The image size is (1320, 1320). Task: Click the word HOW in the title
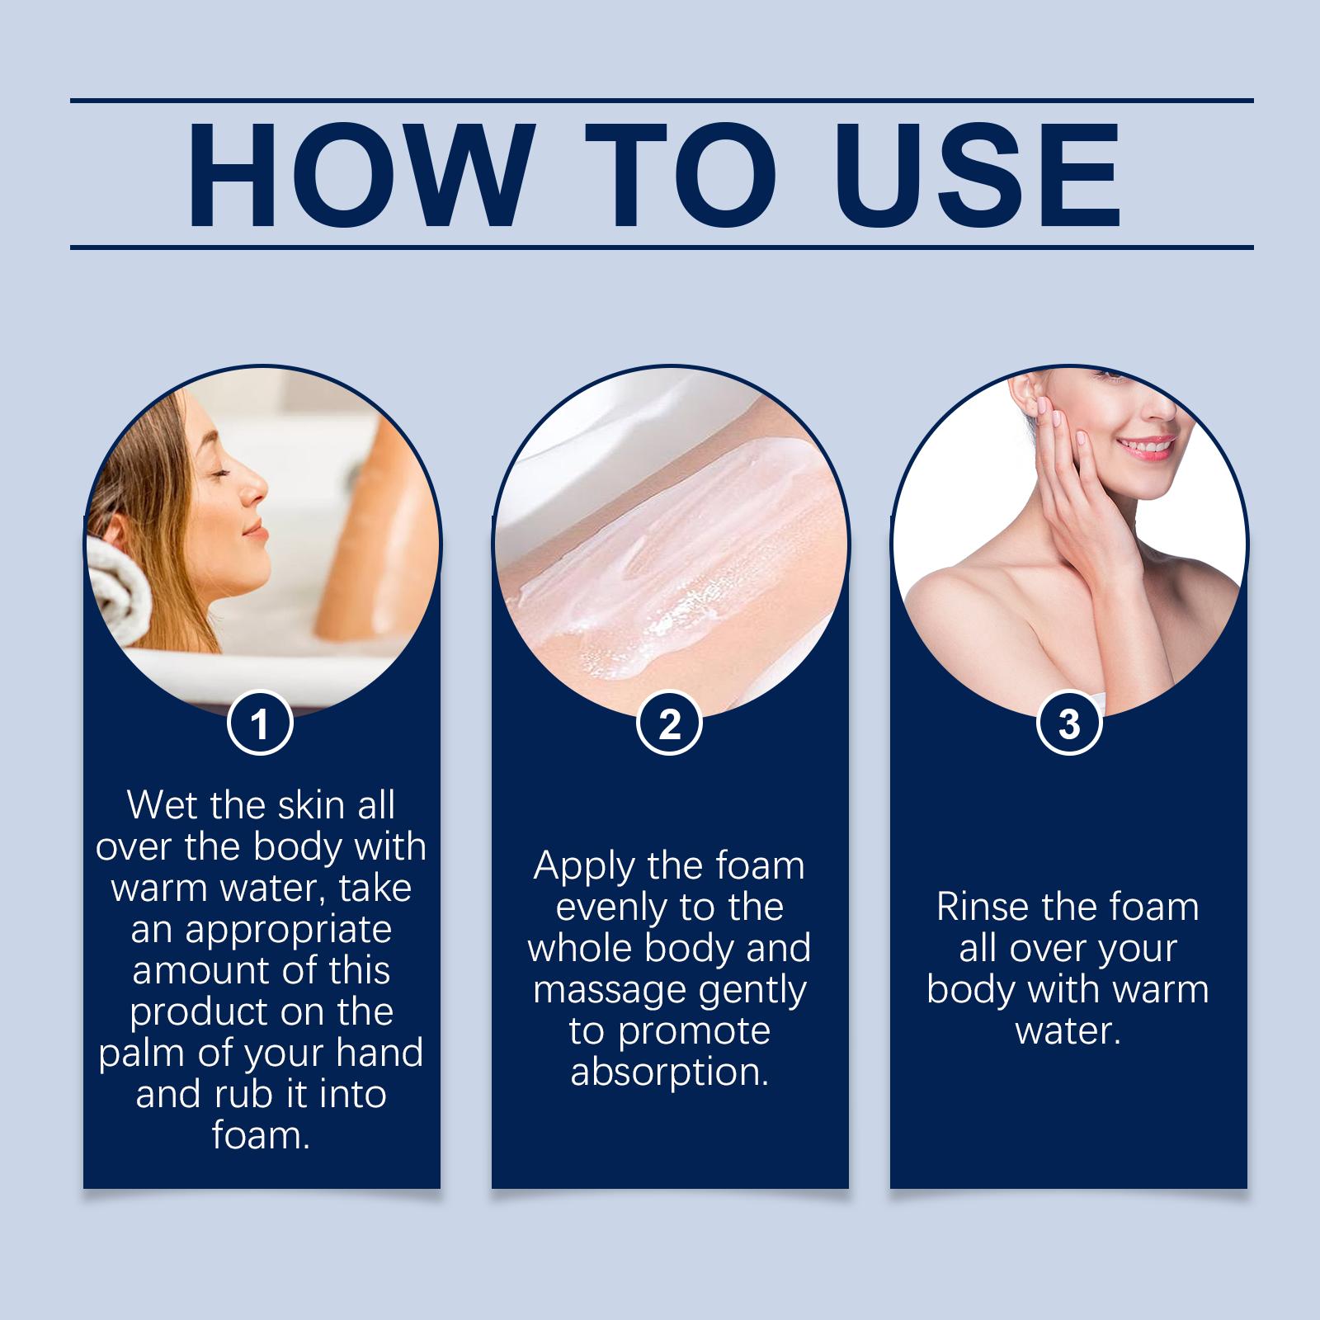[356, 176]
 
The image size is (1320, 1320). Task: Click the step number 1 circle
[260, 724]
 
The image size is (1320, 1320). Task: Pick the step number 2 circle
[669, 724]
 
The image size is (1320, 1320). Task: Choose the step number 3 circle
[1068, 724]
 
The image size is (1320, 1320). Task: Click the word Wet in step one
[164, 805]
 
